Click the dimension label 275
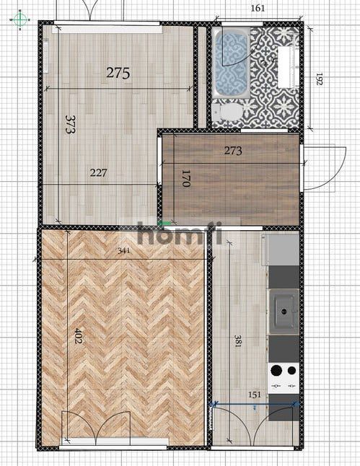pos(118,73)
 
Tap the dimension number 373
pos(71,125)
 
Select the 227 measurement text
pos(98,172)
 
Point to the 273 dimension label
pos(233,151)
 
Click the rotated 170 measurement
pos(185,178)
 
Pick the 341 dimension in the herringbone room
pos(123,251)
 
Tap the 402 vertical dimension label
pos(78,336)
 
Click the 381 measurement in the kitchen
pos(238,341)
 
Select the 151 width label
pos(255,395)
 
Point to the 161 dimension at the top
pos(258,8)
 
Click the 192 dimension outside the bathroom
pos(319,79)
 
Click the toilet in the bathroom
pos(228,111)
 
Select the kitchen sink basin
pos(284,312)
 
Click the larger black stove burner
pos(276,370)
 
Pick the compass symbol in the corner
pos(20,20)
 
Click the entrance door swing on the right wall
pos(325,167)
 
